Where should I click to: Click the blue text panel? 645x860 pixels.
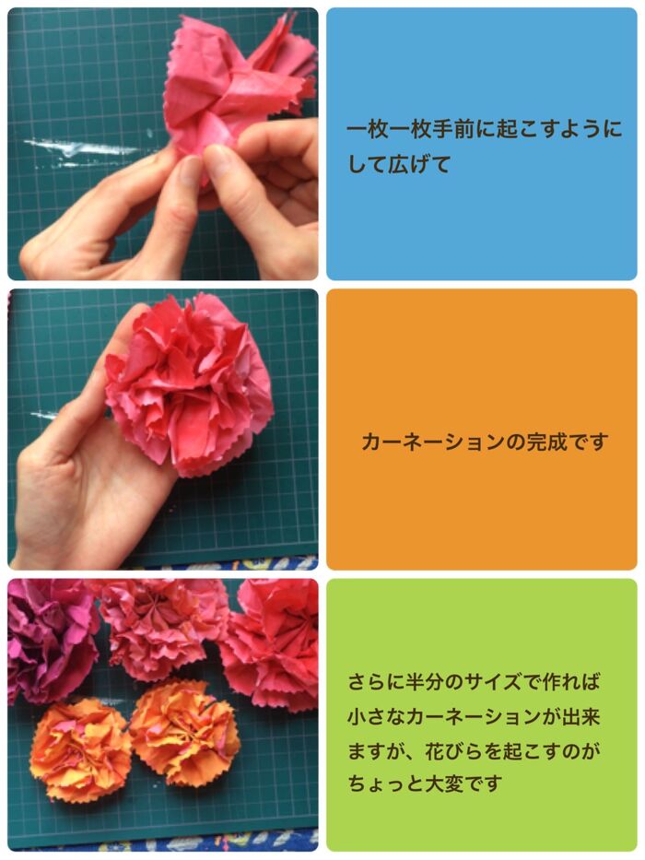click(482, 144)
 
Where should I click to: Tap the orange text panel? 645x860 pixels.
click(482, 430)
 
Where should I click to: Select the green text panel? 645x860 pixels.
click(482, 714)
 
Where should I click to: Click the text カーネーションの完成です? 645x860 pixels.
click(485, 442)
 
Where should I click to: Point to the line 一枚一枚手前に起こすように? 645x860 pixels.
click(485, 129)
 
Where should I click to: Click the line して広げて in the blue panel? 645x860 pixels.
click(399, 164)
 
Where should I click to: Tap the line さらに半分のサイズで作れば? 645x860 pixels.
click(474, 682)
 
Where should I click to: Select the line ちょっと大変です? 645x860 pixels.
click(425, 783)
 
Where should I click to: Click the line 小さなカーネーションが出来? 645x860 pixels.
click(474, 716)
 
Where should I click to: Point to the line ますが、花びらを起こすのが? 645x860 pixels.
click(474, 750)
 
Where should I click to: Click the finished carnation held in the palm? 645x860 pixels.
click(189, 384)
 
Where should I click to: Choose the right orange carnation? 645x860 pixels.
click(184, 732)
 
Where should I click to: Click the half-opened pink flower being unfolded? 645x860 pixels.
click(239, 93)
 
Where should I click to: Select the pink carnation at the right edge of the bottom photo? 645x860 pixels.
click(272, 644)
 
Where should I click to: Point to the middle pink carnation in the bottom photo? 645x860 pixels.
click(162, 628)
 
